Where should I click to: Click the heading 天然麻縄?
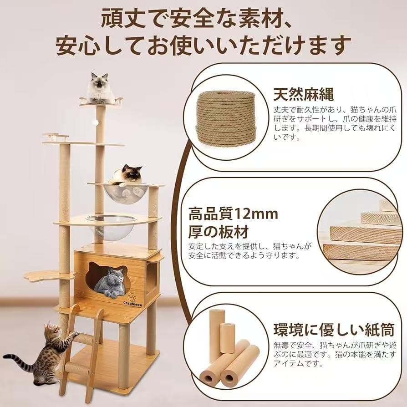[303, 95]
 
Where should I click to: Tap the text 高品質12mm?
[233, 214]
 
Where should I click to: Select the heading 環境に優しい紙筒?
[327, 329]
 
